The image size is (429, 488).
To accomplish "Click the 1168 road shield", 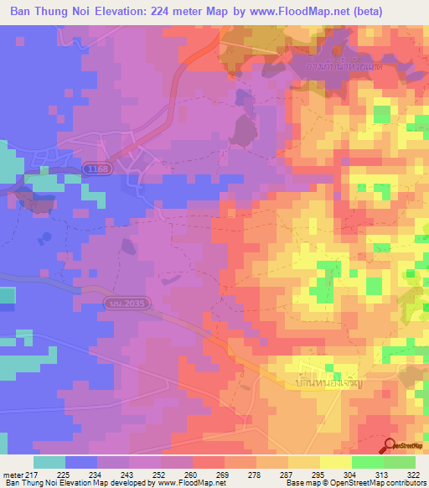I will [x=96, y=170].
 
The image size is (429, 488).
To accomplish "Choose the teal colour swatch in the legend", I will [x=49, y=462].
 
